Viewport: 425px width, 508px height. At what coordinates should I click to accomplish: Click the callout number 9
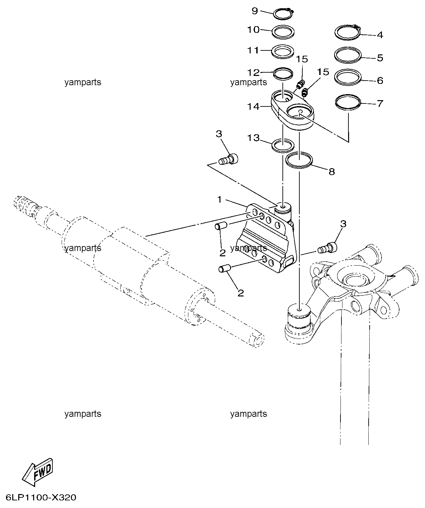[255, 11]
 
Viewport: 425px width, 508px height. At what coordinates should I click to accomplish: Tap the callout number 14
[253, 106]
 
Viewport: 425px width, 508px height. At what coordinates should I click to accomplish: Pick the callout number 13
[253, 138]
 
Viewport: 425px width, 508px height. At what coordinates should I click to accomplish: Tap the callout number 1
[219, 200]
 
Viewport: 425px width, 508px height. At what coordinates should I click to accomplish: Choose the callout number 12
[253, 73]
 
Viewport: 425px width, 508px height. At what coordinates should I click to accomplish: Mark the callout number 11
[253, 50]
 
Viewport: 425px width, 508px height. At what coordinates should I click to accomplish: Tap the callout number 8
[332, 172]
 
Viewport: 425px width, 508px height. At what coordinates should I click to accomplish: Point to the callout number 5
[380, 58]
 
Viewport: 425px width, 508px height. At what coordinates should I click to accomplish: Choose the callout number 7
[380, 104]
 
